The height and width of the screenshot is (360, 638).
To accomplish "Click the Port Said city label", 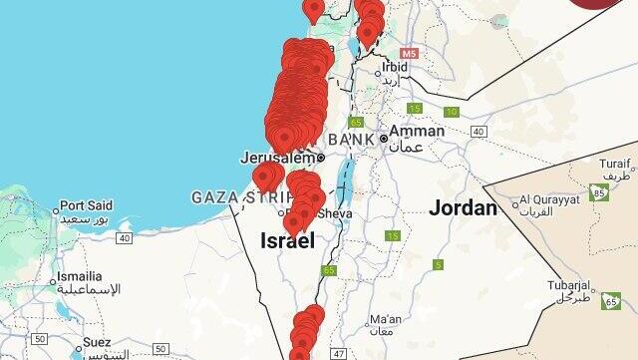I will pyautogui.click(x=86, y=205).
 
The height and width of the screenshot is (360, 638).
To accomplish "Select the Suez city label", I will pyautogui.click(x=97, y=342).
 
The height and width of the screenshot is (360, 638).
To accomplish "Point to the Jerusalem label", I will pyautogui.click(x=277, y=158).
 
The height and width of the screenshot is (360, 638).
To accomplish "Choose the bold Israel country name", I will pyautogui.click(x=286, y=240).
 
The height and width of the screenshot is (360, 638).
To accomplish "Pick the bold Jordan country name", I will pyautogui.click(x=463, y=208).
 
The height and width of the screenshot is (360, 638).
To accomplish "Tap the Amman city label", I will pyautogui.click(x=417, y=131).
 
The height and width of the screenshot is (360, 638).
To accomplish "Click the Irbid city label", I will pyautogui.click(x=395, y=67).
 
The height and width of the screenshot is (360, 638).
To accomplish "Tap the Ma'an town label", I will pyautogui.click(x=383, y=320).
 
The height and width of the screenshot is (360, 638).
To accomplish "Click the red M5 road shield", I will pyautogui.click(x=409, y=51).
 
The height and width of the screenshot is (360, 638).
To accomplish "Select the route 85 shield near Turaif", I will pyautogui.click(x=597, y=189).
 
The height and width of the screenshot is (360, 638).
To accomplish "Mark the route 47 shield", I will pyautogui.click(x=338, y=353).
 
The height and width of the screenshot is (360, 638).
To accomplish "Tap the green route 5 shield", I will pyautogui.click(x=438, y=264).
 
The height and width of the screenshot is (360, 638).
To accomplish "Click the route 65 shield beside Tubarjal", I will pyautogui.click(x=608, y=298).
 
